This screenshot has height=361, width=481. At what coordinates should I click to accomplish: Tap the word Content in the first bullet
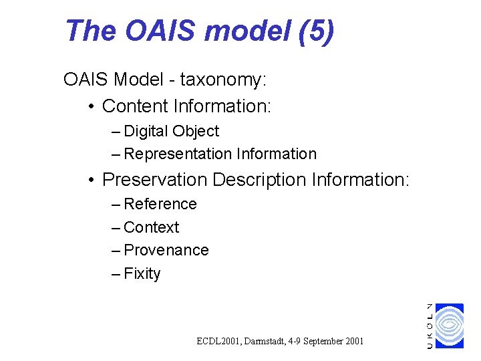[x=135, y=106]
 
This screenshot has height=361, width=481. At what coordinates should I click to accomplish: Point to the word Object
[x=197, y=131]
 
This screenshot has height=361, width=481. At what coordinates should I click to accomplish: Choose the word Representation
[x=177, y=154]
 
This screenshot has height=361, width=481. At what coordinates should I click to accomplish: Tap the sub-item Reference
[x=160, y=204]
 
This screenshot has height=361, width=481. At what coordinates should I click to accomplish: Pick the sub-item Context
[x=152, y=227]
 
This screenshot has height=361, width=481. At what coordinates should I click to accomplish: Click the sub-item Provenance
[x=166, y=250]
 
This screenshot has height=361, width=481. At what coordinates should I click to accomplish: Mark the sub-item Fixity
[x=142, y=273]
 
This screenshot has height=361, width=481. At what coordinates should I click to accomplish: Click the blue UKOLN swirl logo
[x=450, y=326]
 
